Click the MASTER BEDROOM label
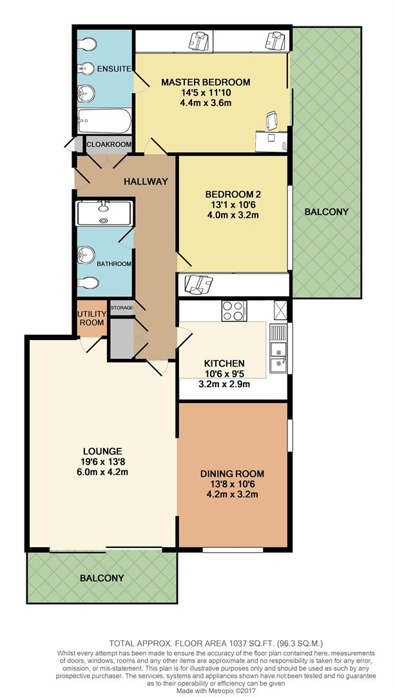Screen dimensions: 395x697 (206, 82)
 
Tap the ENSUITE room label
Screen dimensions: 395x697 (114, 69)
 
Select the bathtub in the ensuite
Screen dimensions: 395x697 (105, 121)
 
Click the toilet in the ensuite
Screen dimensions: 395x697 (87, 44)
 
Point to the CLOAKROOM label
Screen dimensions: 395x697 (109, 145)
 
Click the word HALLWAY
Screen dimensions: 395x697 (146, 181)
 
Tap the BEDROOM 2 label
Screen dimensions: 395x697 (233, 194)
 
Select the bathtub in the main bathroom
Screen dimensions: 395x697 (104, 214)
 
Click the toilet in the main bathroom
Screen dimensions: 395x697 (88, 283)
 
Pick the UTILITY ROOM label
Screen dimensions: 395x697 (92, 319)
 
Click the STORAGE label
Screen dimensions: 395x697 (122, 308)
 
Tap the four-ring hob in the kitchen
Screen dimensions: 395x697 (234, 310)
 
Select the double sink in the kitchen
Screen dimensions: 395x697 (278, 349)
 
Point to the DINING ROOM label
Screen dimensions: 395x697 (232, 474)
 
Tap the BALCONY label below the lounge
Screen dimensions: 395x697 (102, 578)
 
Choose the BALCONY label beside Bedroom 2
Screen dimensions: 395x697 (327, 212)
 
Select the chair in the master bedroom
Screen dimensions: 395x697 (272, 121)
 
